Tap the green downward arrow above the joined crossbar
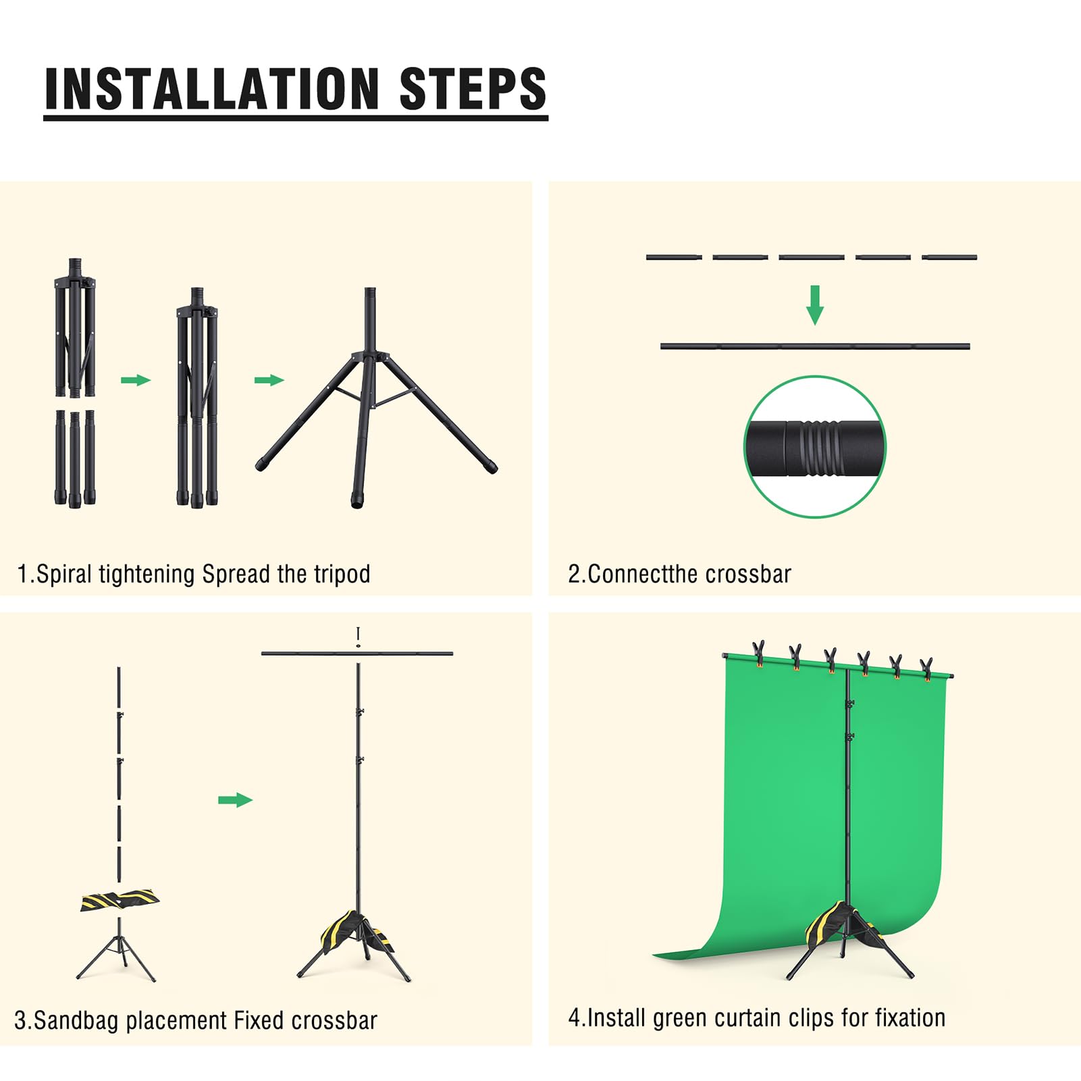[x=815, y=305]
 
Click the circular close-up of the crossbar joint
[x=815, y=447]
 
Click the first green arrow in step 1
[x=136, y=380]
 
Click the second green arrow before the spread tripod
[x=269, y=380]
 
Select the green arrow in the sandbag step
[x=235, y=800]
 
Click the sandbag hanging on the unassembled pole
[x=120, y=901]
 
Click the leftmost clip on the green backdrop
[x=759, y=654]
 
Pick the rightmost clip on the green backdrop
[x=926, y=668]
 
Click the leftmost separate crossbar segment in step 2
[x=674, y=257]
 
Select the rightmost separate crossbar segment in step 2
[x=949, y=257]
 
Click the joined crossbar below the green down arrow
[x=815, y=346]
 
